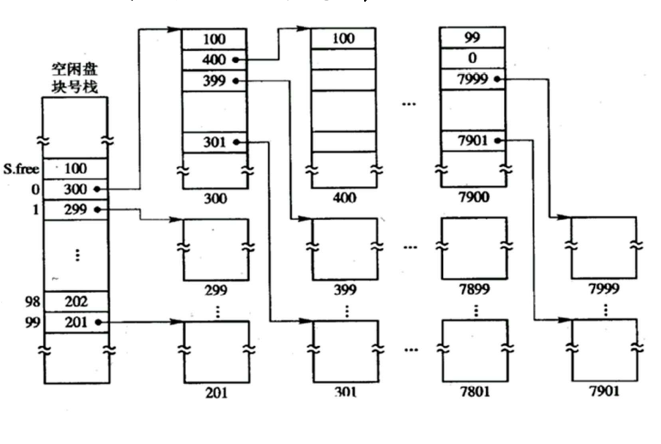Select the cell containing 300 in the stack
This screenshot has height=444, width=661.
(x=76, y=189)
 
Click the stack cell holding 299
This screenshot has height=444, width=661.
(x=76, y=209)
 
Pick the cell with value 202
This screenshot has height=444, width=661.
(x=76, y=302)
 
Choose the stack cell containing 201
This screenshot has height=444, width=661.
(x=76, y=322)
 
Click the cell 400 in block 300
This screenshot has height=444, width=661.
(x=214, y=60)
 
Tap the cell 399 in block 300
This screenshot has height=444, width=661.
(x=214, y=80)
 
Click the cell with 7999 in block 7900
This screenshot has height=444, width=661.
(x=473, y=79)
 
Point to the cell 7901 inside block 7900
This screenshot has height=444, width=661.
(x=473, y=141)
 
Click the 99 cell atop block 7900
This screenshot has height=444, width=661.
(x=473, y=38)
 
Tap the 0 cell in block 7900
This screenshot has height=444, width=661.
(x=473, y=58)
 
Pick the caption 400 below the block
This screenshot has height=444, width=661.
(x=344, y=199)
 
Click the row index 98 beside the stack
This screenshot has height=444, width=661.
(x=33, y=302)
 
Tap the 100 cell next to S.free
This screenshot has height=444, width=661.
(x=76, y=169)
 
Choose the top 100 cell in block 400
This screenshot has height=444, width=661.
(x=343, y=38)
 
